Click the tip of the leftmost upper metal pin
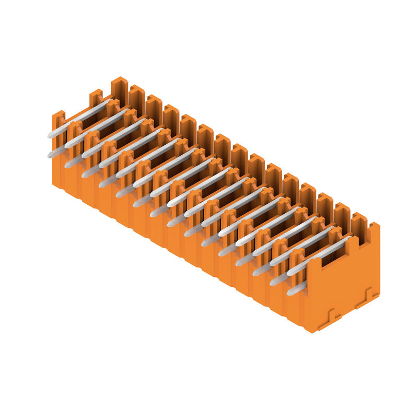coord(50,135)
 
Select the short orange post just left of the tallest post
coord(96,97)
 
